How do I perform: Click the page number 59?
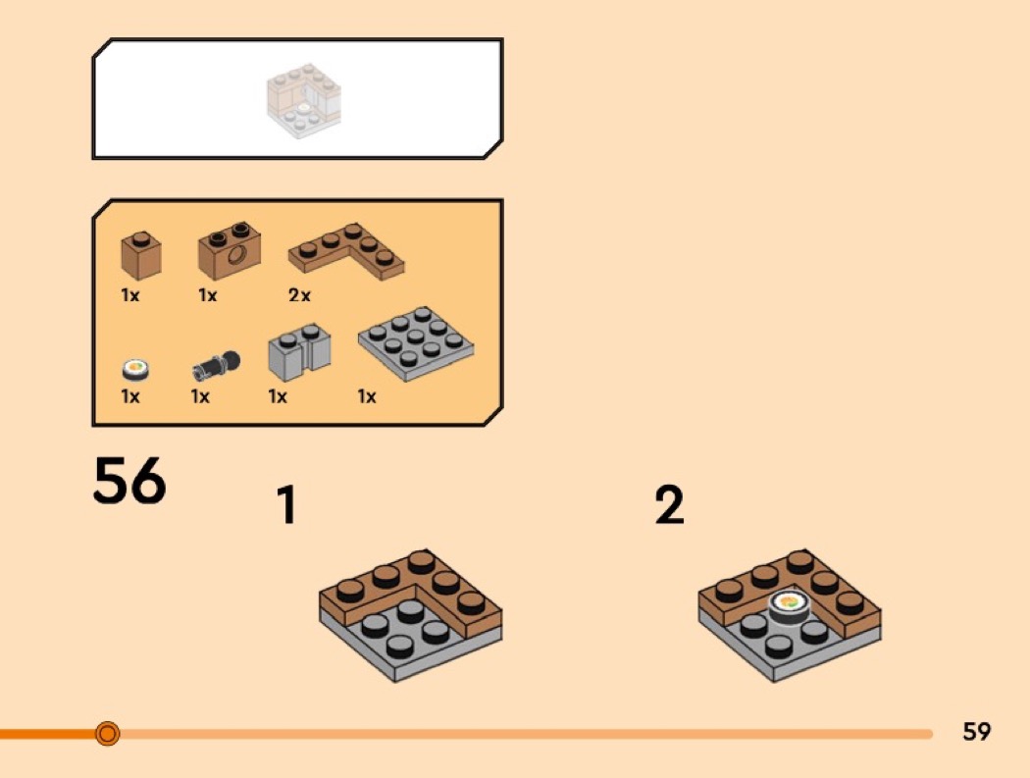click(976, 731)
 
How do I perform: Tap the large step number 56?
click(129, 481)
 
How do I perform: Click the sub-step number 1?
click(287, 504)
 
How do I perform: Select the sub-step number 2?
click(669, 504)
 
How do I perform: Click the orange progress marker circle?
click(107, 733)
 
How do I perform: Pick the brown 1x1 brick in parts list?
click(141, 255)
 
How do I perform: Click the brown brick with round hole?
click(230, 250)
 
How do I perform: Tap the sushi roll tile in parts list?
click(136, 370)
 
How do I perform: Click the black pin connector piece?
click(216, 366)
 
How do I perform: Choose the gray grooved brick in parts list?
click(299, 351)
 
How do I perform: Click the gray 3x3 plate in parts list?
click(416, 343)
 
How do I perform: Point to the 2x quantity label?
click(299, 295)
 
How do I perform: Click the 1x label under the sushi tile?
click(130, 397)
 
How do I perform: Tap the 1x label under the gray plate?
click(367, 397)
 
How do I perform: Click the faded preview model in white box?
click(304, 100)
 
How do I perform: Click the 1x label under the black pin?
click(200, 397)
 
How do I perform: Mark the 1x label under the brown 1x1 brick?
click(130, 295)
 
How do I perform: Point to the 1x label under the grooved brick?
click(278, 397)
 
